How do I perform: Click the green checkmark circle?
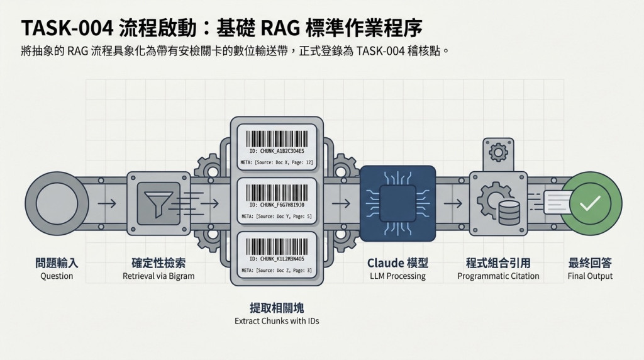pyautogui.click(x=591, y=203)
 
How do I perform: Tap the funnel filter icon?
pyautogui.click(x=158, y=203)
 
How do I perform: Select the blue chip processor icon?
pyautogui.click(x=397, y=203)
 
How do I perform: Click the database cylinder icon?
pyautogui.click(x=509, y=213)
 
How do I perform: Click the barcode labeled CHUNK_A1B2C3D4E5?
pyautogui.click(x=277, y=139)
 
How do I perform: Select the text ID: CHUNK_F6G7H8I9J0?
pyautogui.click(x=277, y=205)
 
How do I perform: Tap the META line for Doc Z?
pyautogui.click(x=277, y=271)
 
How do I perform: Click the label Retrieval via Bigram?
pyautogui.click(x=158, y=276)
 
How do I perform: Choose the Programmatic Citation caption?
pyautogui.click(x=498, y=276)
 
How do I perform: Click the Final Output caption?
pyautogui.click(x=590, y=276)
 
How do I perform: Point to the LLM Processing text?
pyautogui.click(x=397, y=276)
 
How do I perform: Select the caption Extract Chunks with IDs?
pyautogui.click(x=277, y=321)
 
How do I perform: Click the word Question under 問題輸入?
pyautogui.click(x=57, y=276)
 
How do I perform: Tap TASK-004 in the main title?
pyautogui.click(x=67, y=28)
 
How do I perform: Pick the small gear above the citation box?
pyautogui.click(x=498, y=152)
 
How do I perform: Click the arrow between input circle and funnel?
pyautogui.click(x=107, y=203)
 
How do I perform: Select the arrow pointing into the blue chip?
pyautogui.click(x=341, y=203)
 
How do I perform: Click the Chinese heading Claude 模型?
pyautogui.click(x=397, y=263)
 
